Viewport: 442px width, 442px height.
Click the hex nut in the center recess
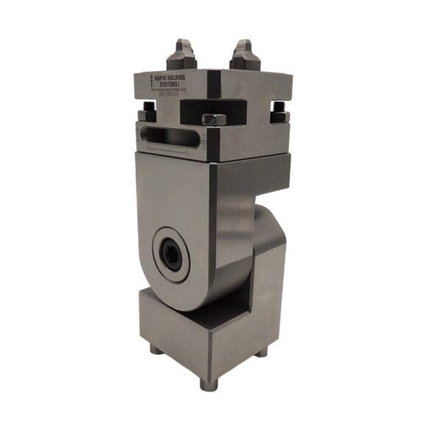tap(213, 119)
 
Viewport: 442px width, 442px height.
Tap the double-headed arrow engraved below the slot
tap(169, 150)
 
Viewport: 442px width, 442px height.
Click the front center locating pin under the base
tap(208, 384)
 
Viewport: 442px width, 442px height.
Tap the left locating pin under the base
tap(155, 348)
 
